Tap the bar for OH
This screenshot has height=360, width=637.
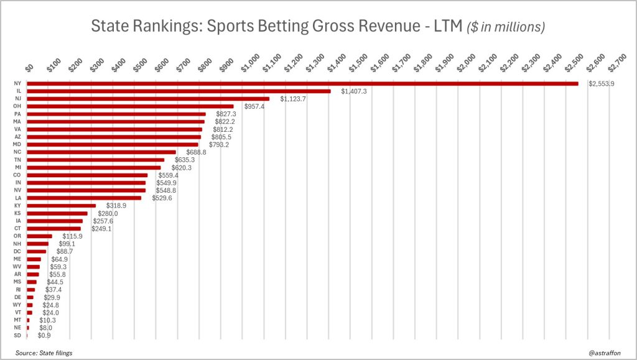pyautogui.click(x=130, y=106)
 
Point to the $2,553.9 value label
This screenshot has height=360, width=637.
pyautogui.click(x=602, y=84)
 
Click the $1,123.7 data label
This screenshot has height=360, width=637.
pyautogui.click(x=293, y=99)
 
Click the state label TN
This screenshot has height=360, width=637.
pyautogui.click(x=17, y=160)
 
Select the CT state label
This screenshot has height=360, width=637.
pyautogui.click(x=17, y=229)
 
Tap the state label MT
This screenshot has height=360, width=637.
pyautogui.click(x=17, y=320)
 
